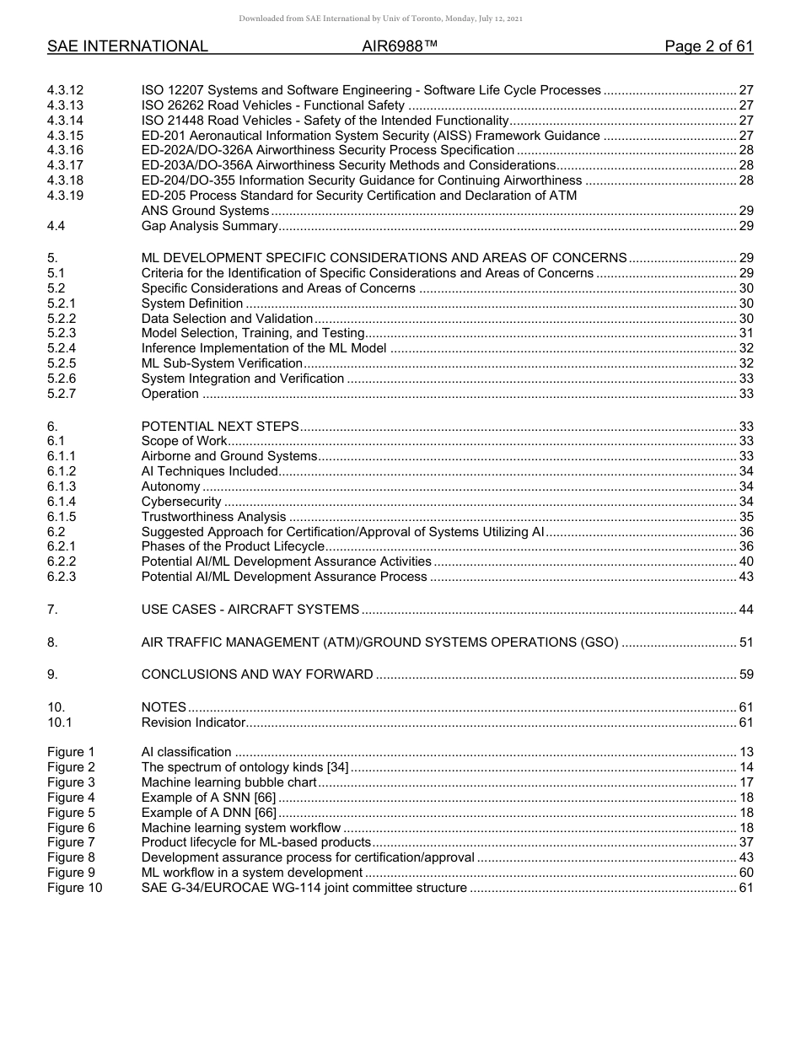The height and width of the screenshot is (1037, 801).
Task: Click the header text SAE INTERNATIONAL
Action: (x=127, y=47)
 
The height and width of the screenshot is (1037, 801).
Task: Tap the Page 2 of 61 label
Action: (x=708, y=47)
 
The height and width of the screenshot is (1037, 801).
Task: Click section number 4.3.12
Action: (x=66, y=90)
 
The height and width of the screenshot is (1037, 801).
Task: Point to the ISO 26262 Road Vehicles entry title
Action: (x=273, y=105)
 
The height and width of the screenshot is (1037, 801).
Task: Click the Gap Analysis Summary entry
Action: (x=209, y=226)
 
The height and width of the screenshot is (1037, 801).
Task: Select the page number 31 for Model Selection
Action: (x=745, y=333)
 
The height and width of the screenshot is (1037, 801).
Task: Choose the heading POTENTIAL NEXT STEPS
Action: (x=220, y=427)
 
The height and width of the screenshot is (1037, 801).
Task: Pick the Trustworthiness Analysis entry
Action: (x=214, y=517)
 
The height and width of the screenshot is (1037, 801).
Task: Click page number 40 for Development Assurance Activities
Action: (x=745, y=561)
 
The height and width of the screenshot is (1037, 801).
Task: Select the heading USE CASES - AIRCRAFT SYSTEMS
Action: (x=250, y=610)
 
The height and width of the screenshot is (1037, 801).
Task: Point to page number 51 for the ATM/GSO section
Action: (x=745, y=642)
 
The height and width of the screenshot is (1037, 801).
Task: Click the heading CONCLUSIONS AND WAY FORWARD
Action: (x=257, y=674)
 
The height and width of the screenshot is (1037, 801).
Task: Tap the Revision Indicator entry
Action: (x=193, y=723)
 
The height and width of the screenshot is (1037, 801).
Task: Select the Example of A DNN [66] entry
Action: (x=208, y=813)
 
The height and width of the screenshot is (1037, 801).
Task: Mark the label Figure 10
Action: (x=74, y=888)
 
